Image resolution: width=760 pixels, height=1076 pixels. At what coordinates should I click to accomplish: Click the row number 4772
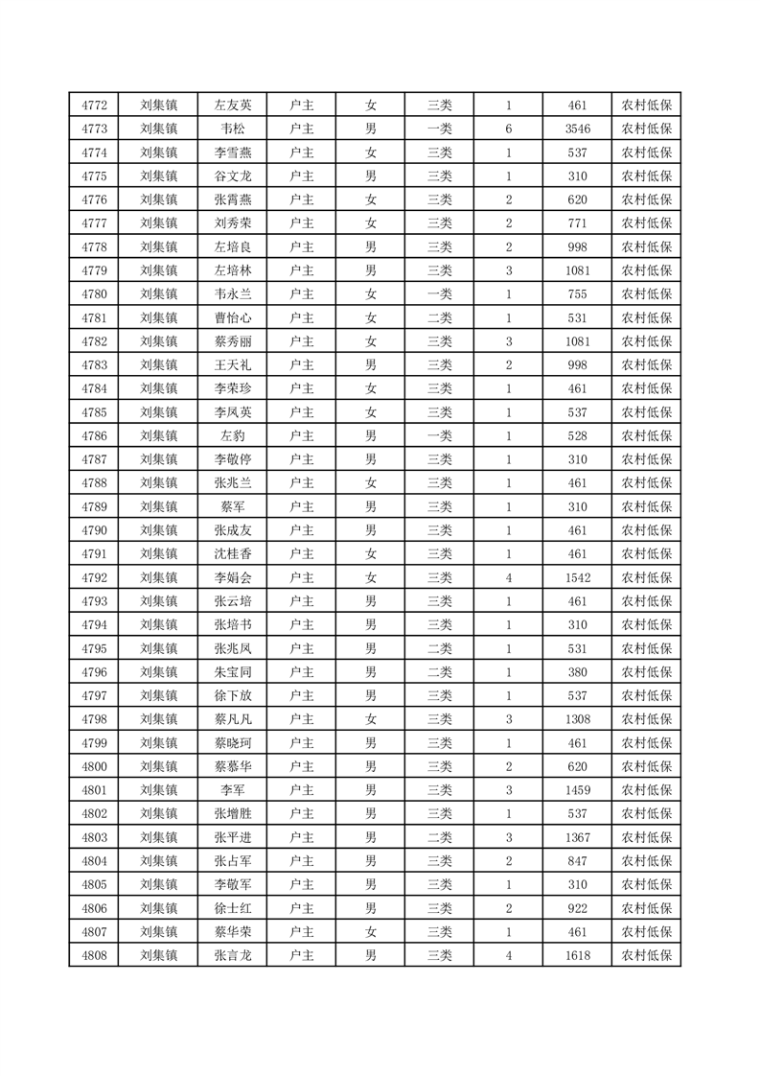click(x=94, y=105)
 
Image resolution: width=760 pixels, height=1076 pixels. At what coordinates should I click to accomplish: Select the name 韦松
click(x=233, y=129)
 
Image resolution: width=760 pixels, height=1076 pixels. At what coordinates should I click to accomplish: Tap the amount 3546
click(x=577, y=129)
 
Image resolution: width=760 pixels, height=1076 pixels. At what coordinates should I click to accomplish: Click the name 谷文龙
click(x=233, y=176)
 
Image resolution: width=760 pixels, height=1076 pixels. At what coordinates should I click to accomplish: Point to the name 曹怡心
click(x=233, y=318)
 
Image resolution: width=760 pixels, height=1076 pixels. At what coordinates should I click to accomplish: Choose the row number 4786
click(x=94, y=436)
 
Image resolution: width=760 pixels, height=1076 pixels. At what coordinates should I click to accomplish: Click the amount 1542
click(x=577, y=578)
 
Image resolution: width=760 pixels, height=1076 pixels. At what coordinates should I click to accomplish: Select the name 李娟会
click(x=233, y=578)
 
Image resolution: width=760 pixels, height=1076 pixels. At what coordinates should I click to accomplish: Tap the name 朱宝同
click(x=233, y=672)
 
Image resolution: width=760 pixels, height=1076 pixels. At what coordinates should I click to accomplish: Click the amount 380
click(x=577, y=672)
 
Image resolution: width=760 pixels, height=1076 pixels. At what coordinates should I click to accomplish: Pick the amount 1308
click(x=577, y=719)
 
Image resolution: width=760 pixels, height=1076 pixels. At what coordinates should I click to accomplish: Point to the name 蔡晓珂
click(x=233, y=743)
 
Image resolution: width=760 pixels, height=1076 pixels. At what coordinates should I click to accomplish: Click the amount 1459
click(x=577, y=790)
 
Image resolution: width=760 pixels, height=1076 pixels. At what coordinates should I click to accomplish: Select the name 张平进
click(x=233, y=837)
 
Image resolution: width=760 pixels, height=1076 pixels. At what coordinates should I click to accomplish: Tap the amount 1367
click(x=577, y=837)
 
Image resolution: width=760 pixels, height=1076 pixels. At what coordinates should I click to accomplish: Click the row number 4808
click(x=94, y=955)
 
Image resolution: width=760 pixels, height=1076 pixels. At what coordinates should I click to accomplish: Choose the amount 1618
click(x=577, y=955)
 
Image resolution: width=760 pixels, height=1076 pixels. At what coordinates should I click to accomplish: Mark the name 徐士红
click(x=233, y=908)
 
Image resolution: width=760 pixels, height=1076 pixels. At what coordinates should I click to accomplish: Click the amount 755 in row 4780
click(x=577, y=294)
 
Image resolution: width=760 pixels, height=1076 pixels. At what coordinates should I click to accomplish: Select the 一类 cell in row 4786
click(x=439, y=436)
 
